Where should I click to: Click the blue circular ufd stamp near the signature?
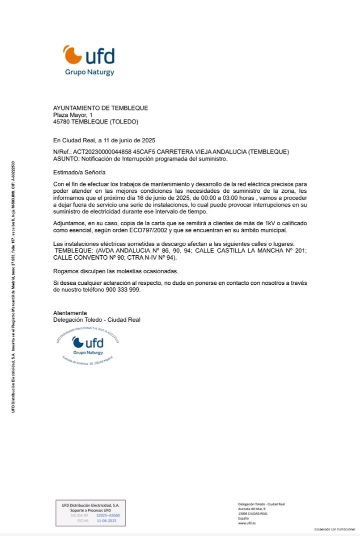click(87, 346)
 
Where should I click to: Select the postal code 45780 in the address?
click(62, 121)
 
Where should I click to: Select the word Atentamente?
click(70, 313)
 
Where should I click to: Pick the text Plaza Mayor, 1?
click(73, 115)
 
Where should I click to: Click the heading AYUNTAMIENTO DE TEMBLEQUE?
click(100, 108)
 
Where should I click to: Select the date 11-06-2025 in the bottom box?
click(106, 521)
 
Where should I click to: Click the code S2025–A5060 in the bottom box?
click(108, 515)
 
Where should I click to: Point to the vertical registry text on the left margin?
click(13, 287)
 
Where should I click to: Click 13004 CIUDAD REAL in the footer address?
click(253, 514)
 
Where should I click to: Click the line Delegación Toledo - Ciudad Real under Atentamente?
click(96, 320)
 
